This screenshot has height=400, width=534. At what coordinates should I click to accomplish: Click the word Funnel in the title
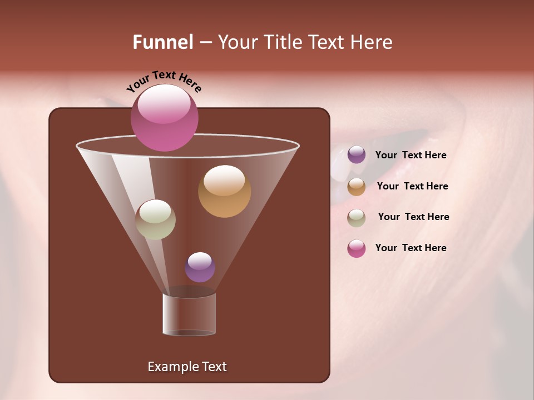point(162,42)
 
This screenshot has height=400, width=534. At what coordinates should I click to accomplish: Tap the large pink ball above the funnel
point(164,118)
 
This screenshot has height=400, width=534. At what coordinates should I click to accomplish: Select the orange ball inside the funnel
point(224,191)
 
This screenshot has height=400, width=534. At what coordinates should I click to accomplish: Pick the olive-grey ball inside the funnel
point(155,219)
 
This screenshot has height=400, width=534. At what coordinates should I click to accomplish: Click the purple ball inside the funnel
point(200,267)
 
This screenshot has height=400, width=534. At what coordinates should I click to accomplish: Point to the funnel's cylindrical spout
point(189,314)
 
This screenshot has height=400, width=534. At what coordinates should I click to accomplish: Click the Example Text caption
point(187,367)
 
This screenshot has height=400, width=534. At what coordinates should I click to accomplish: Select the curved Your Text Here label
point(164,81)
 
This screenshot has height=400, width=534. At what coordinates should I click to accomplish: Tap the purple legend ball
point(357,155)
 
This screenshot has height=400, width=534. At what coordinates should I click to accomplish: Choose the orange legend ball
point(357,187)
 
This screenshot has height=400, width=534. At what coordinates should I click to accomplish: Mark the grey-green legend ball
point(357,217)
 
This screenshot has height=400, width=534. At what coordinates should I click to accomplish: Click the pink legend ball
point(357,248)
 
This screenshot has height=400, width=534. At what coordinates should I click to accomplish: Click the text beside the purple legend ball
point(411,156)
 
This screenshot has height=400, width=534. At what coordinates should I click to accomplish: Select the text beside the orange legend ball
point(412,187)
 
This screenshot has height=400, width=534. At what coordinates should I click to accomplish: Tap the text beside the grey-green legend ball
point(413,217)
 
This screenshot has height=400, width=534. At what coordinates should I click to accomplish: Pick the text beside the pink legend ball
point(411,248)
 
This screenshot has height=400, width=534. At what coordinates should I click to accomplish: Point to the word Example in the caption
point(168,367)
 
